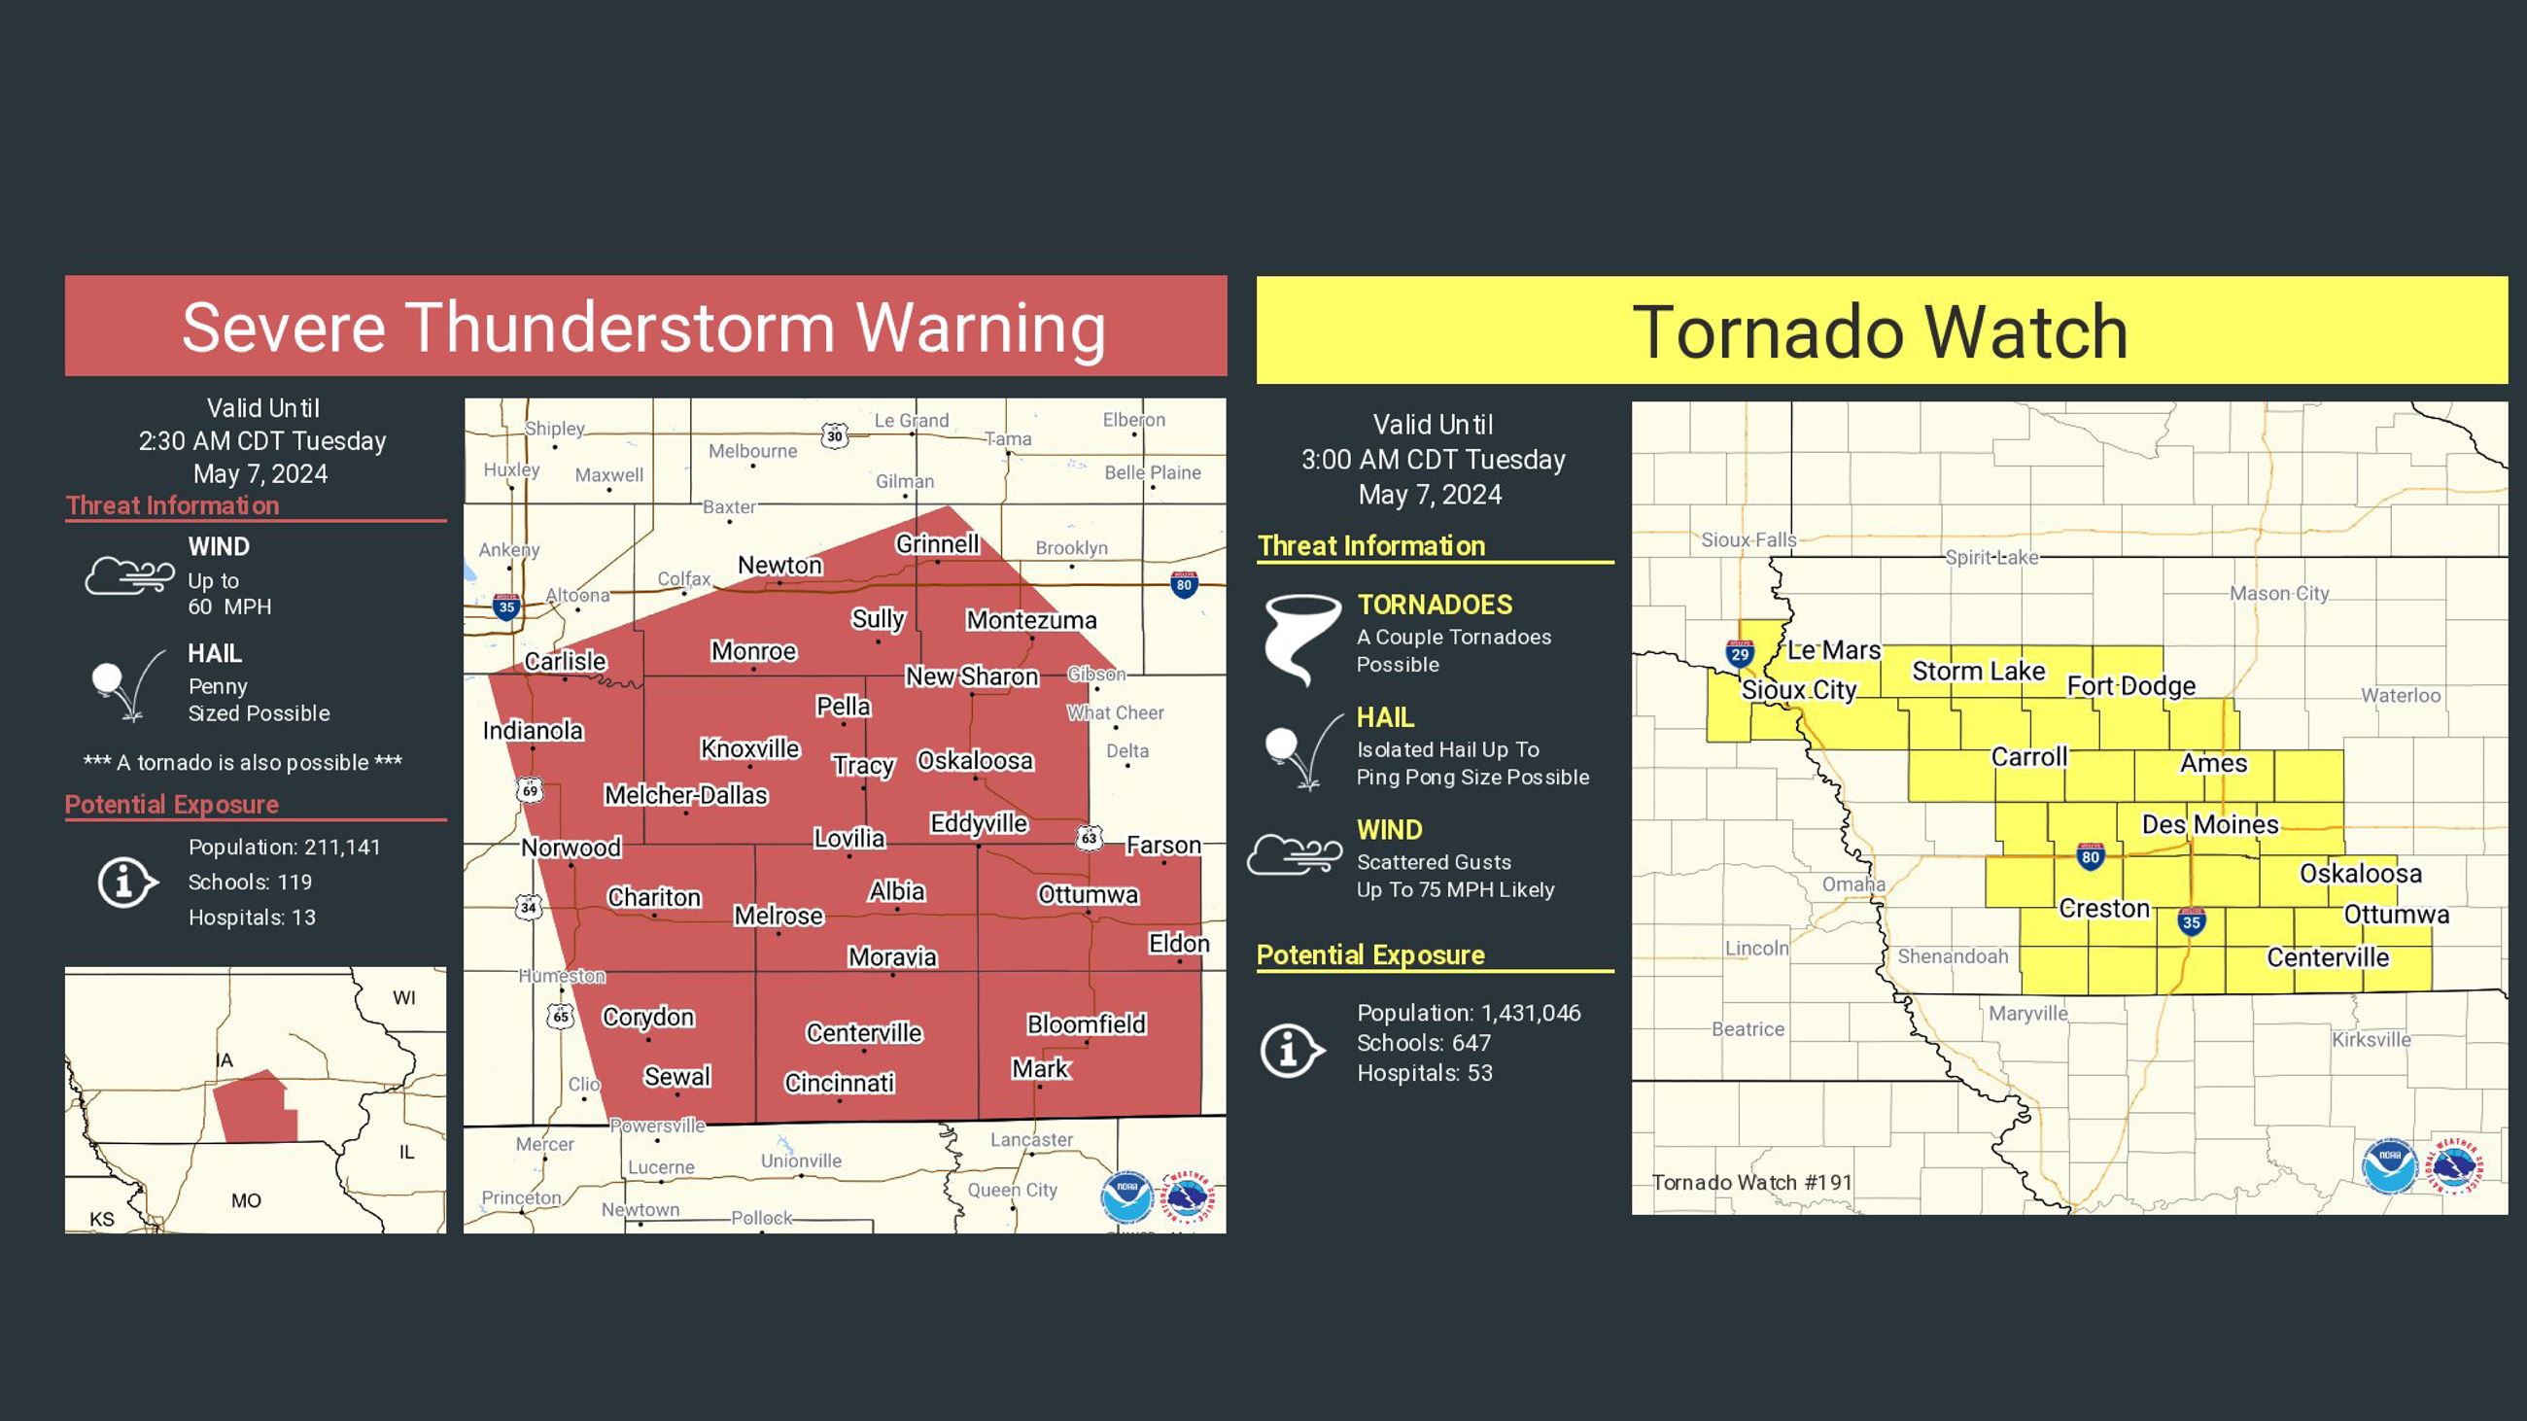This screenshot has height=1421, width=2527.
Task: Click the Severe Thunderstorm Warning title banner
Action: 644,327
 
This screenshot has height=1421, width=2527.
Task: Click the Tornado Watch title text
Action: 1880,331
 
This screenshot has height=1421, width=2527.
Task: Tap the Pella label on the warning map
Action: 843,706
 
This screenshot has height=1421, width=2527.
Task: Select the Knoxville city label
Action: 750,748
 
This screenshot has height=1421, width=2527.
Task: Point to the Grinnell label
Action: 937,543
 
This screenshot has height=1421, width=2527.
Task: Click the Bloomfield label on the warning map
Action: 1086,1023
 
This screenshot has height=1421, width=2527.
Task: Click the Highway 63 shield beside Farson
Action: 1089,838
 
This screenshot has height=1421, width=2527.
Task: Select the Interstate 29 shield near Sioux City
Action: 1740,652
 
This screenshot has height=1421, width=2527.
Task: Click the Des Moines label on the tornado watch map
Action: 2209,824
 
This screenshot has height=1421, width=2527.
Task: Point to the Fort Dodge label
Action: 2130,685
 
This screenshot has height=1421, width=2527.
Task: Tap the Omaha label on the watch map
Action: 1853,884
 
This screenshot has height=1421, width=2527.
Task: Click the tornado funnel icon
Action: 1300,638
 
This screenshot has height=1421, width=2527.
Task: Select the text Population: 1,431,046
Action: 1469,1013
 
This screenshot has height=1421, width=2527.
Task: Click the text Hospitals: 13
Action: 251,917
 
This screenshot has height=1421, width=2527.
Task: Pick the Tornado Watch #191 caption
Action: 1752,1182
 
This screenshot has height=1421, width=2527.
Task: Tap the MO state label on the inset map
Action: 245,1200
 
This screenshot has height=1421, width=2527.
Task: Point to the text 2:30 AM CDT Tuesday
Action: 261,441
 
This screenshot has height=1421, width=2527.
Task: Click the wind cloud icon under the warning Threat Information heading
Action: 129,575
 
